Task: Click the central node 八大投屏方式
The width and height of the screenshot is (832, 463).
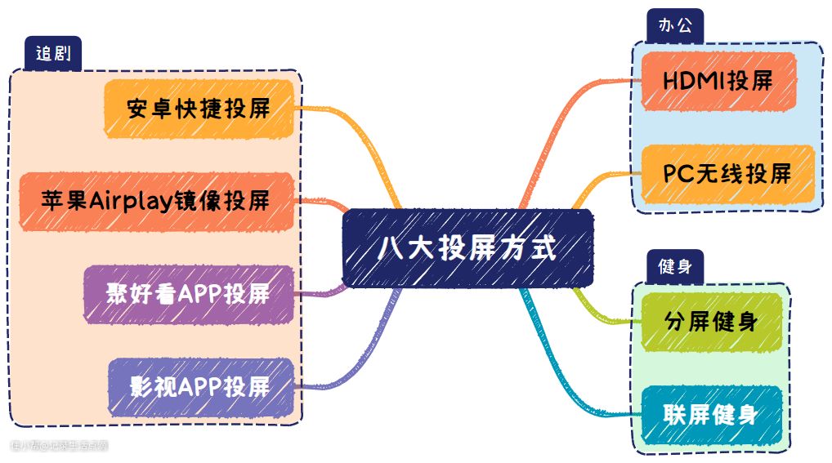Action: [467, 247]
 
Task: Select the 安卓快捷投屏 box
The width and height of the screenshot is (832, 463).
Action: [199, 109]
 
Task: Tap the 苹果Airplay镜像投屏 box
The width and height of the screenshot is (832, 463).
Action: [155, 201]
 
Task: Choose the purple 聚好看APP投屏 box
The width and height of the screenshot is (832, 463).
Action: [188, 293]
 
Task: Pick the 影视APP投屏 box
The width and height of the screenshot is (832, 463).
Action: [200, 385]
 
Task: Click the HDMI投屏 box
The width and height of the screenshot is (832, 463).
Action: [718, 81]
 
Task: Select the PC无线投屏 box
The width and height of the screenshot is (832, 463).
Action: [727, 173]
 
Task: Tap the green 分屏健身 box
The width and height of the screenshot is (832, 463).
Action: [710, 322]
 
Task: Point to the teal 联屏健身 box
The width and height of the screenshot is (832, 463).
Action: [710, 415]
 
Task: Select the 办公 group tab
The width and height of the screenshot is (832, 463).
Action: [674, 24]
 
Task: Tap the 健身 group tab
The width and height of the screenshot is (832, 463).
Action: [675, 266]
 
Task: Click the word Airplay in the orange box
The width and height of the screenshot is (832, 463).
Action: [130, 201]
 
